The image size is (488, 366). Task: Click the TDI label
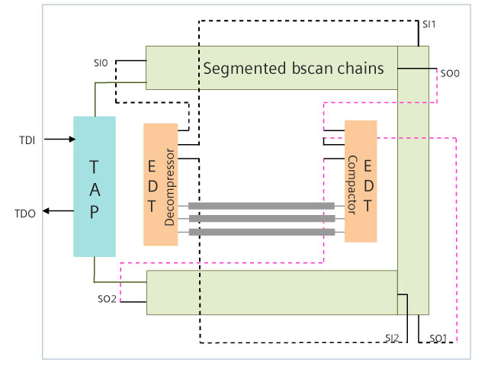tap(29, 140)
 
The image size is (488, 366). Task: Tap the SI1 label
tap(429, 24)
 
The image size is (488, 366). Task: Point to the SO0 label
tap(449, 74)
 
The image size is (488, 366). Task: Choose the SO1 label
tap(438, 337)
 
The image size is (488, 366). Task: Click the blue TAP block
tap(95, 186)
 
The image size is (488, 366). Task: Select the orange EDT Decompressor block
tap(160, 185)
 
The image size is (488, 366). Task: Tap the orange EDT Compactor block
tap(361, 181)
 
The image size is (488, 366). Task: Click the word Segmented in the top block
tap(239, 69)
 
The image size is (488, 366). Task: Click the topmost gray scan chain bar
tap(261, 206)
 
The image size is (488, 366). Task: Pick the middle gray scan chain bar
tap(261, 219)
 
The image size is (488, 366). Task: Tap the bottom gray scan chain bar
tap(261, 232)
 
